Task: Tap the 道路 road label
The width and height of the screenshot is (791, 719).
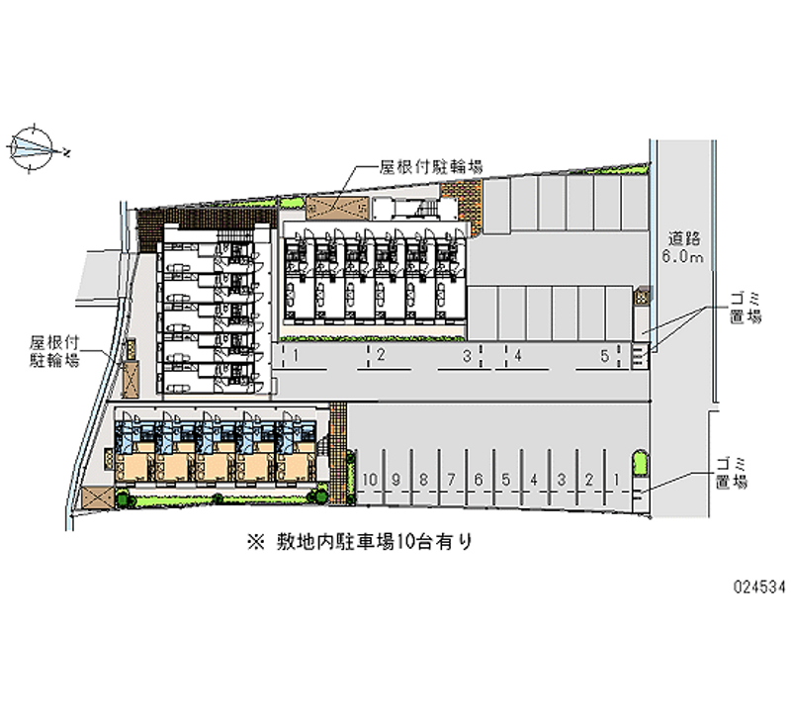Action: click(x=683, y=238)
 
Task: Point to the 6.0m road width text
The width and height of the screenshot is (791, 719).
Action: click(x=683, y=258)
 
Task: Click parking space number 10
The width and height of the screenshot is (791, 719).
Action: click(x=369, y=480)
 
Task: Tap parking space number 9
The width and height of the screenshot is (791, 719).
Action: click(x=395, y=480)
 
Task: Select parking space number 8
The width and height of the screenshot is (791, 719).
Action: click(x=423, y=480)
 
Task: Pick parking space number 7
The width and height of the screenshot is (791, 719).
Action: click(x=450, y=480)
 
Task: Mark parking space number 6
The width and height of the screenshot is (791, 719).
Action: click(x=478, y=480)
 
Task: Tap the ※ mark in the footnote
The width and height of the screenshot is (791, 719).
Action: click(x=256, y=541)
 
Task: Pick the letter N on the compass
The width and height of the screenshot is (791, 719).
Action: click(x=66, y=153)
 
